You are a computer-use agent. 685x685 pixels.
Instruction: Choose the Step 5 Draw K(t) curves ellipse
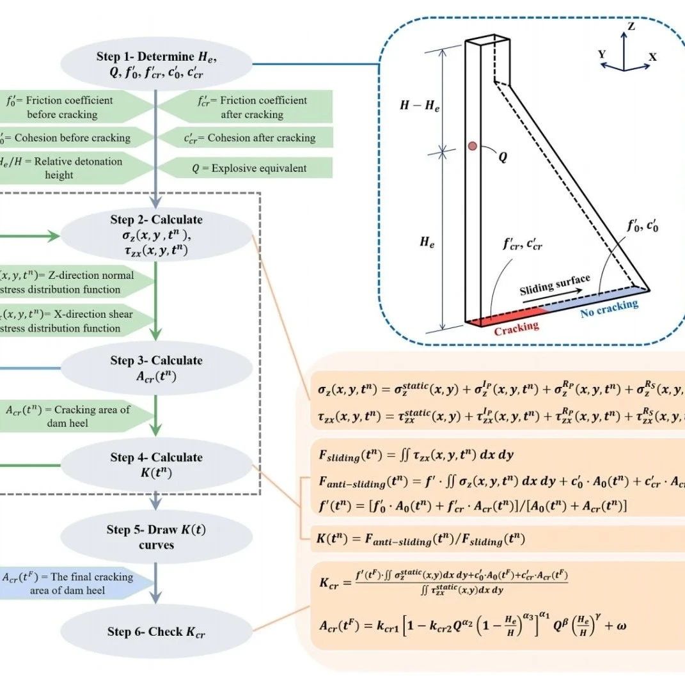click(x=157, y=537)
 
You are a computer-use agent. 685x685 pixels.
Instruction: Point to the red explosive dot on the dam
click(x=472, y=146)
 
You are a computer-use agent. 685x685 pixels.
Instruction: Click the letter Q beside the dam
click(x=503, y=155)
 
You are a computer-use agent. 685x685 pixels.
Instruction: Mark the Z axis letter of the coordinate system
click(x=631, y=27)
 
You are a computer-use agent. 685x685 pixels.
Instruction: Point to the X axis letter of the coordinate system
click(x=652, y=57)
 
